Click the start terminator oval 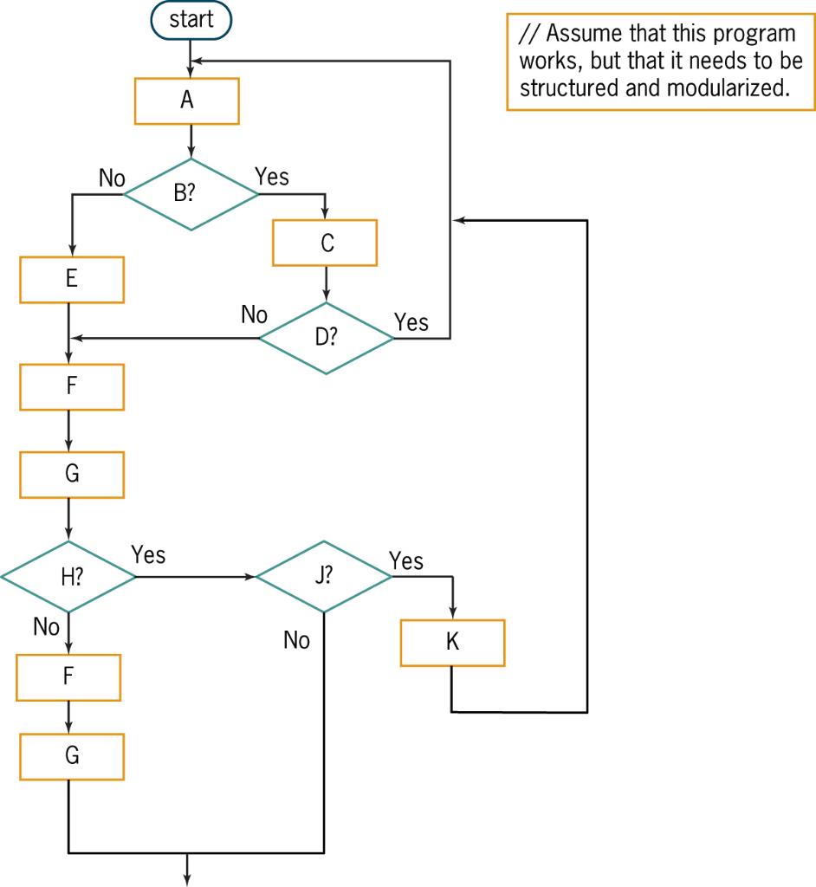click(191, 20)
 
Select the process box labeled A click(187, 100)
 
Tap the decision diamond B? click(191, 194)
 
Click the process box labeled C click(326, 243)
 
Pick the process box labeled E click(72, 279)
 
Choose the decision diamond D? click(327, 339)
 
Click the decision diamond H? click(69, 578)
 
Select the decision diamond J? click(324, 577)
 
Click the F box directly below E click(72, 386)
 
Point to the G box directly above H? click(72, 474)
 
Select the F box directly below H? click(69, 677)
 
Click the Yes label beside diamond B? click(272, 177)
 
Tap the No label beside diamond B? click(112, 178)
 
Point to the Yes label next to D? click(411, 322)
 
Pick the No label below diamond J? click(296, 641)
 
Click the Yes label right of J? click(406, 561)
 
